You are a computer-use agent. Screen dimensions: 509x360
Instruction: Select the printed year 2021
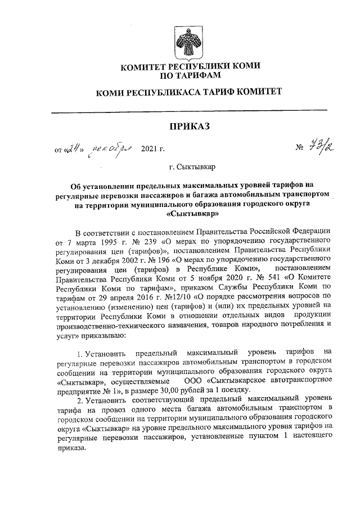click(148, 150)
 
